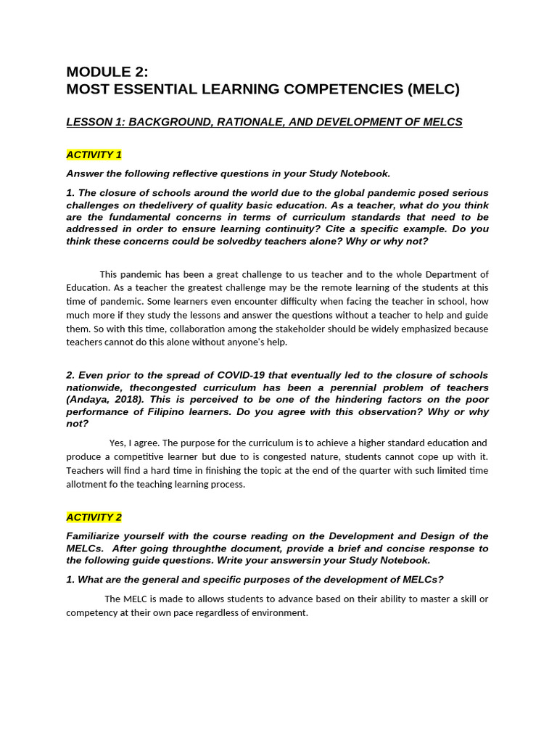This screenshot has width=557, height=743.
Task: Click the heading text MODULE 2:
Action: click(107, 71)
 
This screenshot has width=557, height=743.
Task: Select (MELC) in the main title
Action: click(433, 89)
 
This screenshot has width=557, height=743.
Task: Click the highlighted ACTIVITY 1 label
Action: click(94, 155)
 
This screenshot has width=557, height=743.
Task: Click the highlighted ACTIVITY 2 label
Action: click(94, 517)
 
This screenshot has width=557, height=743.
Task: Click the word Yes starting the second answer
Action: click(117, 443)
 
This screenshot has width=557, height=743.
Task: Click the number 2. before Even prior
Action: click(70, 375)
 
